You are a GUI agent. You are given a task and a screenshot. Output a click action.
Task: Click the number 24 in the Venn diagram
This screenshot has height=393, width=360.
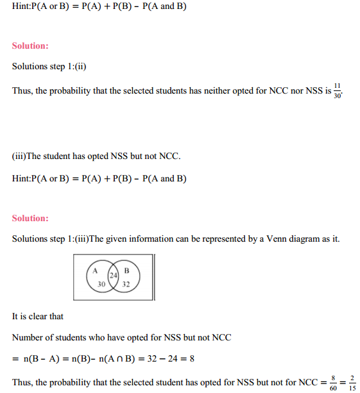113,275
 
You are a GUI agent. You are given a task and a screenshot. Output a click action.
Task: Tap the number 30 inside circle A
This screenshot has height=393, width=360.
101,283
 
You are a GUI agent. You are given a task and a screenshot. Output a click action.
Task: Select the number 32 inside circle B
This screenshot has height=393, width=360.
126,283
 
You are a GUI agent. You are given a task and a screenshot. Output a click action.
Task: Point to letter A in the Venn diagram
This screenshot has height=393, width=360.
94,270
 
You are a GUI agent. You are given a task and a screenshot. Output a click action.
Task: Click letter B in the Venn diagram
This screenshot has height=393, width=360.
126,270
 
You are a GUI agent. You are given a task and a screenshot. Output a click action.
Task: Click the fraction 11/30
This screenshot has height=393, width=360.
338,90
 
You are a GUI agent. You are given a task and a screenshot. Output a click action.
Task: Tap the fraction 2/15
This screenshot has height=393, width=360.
352,383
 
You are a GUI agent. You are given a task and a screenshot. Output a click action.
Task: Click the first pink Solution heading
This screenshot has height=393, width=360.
30,46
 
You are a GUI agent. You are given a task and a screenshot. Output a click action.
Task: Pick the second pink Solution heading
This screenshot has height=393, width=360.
30,218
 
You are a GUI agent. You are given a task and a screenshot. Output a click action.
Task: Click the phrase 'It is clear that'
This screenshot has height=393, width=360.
37,316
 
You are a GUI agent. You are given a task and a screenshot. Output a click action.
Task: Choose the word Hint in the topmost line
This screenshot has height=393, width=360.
21,7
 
